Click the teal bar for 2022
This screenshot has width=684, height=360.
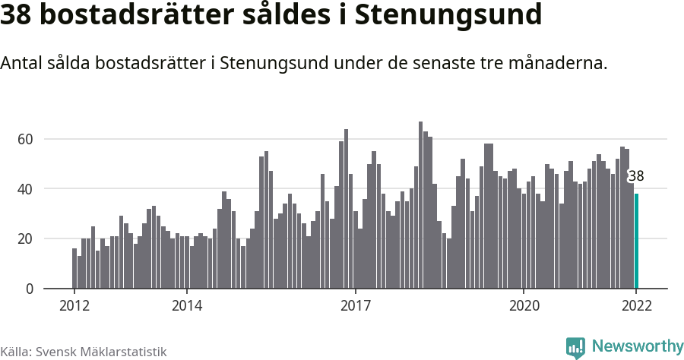point(637,242)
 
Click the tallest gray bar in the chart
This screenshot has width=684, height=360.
point(420,205)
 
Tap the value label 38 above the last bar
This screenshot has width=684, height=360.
point(636,176)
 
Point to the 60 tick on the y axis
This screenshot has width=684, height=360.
point(26,139)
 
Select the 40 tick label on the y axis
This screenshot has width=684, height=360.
point(26,189)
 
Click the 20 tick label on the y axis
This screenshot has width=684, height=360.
point(26,238)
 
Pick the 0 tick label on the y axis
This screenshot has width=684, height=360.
point(30,289)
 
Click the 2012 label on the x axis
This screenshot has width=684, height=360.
point(74,305)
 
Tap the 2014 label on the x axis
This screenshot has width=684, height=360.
point(187,305)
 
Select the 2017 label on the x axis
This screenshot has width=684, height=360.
point(355,305)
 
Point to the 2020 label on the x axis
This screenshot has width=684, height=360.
point(524,305)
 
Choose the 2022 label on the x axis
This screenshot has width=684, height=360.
point(636,305)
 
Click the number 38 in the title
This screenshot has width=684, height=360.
point(18,16)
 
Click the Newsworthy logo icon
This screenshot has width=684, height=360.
point(576,348)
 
